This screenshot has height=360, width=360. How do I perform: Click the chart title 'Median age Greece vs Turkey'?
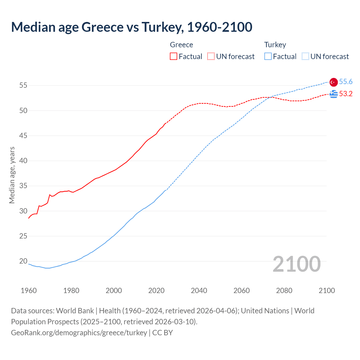[x=132, y=27]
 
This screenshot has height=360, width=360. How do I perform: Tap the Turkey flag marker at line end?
[x=334, y=82]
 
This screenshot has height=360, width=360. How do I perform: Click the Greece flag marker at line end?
[x=334, y=94]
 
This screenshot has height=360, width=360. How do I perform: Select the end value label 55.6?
[x=346, y=82]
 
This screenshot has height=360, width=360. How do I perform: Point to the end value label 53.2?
[x=346, y=94]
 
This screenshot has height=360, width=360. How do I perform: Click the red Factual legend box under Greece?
[x=174, y=57]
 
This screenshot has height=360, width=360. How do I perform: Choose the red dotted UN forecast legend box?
[x=211, y=57]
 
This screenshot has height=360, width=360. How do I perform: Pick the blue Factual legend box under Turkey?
[x=268, y=57]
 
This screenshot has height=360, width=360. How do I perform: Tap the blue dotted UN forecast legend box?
[x=305, y=57]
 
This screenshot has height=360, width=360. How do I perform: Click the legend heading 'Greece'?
[x=181, y=45]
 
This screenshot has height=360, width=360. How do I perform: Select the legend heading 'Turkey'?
[x=275, y=45]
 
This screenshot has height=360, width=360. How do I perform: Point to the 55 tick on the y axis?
[x=23, y=85]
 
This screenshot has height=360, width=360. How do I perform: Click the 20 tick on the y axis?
[x=23, y=261]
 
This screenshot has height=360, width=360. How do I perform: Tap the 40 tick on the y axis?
[x=23, y=161]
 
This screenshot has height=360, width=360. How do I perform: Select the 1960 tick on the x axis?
[x=29, y=291]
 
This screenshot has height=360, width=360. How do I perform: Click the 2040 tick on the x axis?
[x=199, y=291]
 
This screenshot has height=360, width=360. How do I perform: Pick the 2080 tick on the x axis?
[x=284, y=291]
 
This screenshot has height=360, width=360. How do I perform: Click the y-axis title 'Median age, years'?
[x=12, y=175]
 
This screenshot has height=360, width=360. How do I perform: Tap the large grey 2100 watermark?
[x=297, y=264]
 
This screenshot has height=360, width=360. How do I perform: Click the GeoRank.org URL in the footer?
[x=79, y=333]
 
